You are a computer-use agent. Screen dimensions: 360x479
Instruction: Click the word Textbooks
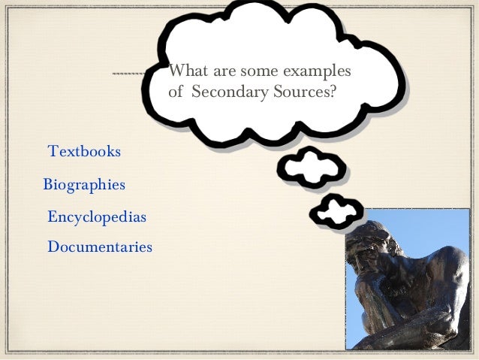(84, 151)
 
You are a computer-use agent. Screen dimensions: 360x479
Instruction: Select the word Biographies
(84, 185)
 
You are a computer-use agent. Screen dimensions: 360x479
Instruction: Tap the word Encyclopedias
(96, 218)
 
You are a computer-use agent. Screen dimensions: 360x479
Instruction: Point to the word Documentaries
(99, 247)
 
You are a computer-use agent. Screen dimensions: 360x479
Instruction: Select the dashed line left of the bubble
(129, 74)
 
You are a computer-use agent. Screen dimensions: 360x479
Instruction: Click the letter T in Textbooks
(53, 151)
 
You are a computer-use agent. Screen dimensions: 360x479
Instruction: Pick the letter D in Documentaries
(53, 247)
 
